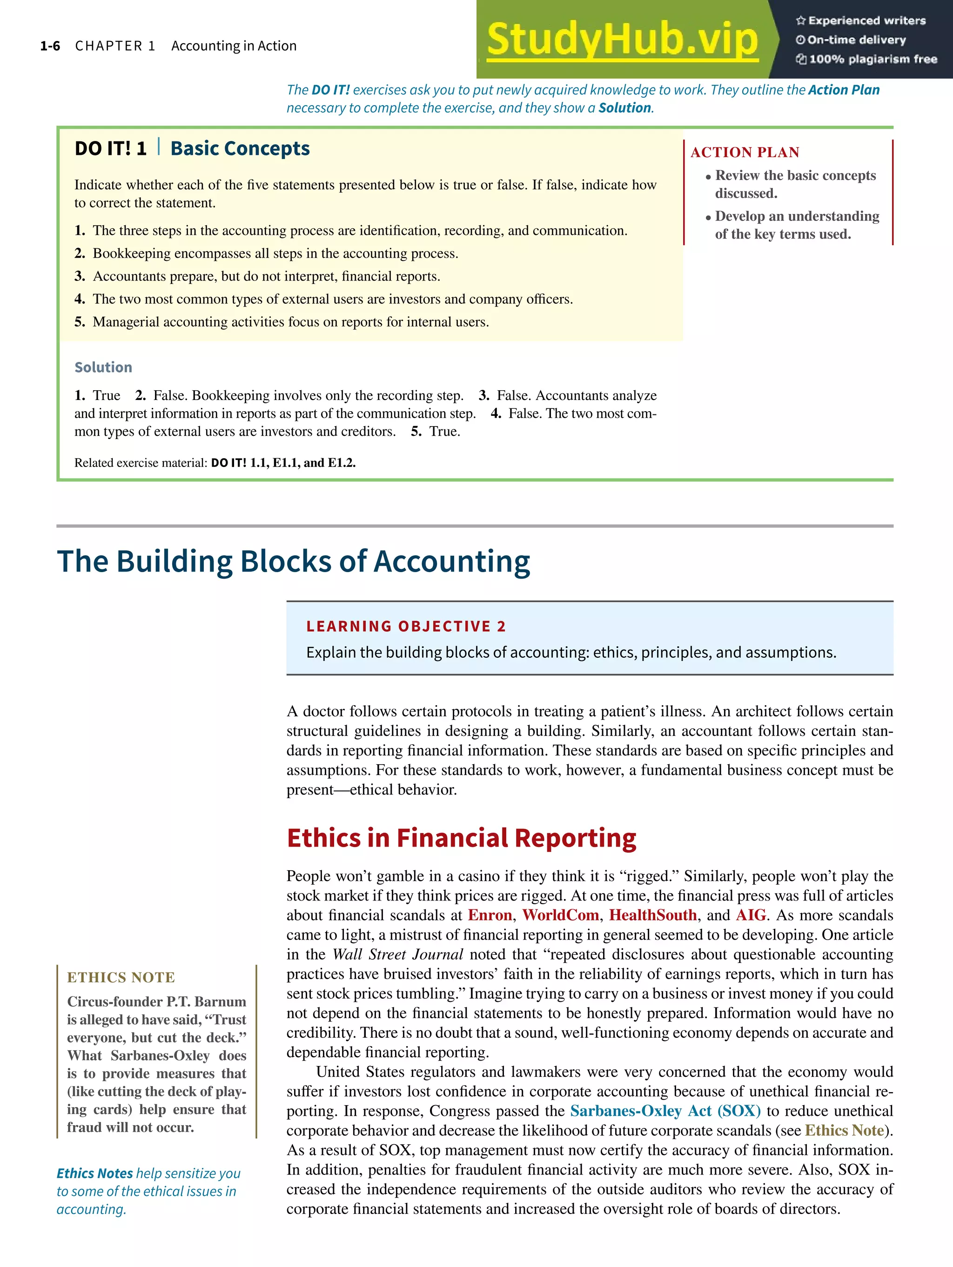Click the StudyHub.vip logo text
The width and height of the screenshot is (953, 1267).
pyautogui.click(x=622, y=40)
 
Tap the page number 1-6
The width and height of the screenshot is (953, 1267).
pyautogui.click(x=50, y=46)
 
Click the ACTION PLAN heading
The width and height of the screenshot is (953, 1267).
pyautogui.click(x=745, y=153)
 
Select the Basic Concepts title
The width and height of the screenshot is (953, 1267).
pyautogui.click(x=240, y=148)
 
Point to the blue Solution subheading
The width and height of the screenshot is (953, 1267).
pyautogui.click(x=103, y=367)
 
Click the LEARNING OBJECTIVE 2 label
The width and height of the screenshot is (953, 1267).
pyautogui.click(x=406, y=626)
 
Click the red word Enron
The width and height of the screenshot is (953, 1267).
pyautogui.click(x=490, y=915)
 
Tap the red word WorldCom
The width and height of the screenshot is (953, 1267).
pyautogui.click(x=560, y=915)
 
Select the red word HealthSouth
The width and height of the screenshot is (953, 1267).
pyautogui.click(x=653, y=915)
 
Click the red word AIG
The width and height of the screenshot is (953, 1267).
pyautogui.click(x=751, y=915)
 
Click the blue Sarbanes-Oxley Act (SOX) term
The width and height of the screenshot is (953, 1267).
pyautogui.click(x=665, y=1111)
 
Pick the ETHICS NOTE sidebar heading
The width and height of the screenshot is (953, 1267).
pyautogui.click(x=121, y=977)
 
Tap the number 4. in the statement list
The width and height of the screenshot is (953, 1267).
pyautogui.click(x=80, y=299)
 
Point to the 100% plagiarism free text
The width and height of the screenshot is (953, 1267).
pyautogui.click(x=873, y=59)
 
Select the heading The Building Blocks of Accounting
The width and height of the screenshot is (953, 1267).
pyautogui.click(x=294, y=561)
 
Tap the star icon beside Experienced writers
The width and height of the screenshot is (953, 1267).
pyautogui.click(x=800, y=20)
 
